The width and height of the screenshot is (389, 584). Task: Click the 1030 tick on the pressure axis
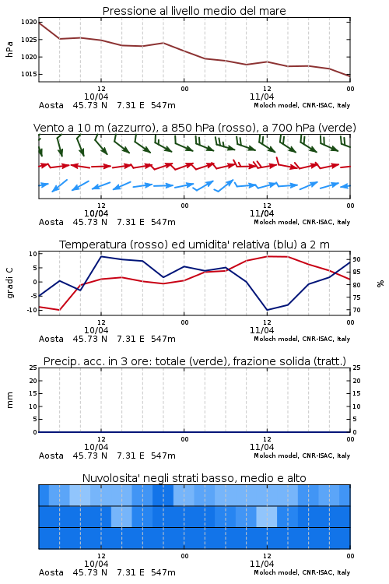click(x=29, y=22)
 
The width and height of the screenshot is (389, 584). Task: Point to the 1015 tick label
click(x=29, y=74)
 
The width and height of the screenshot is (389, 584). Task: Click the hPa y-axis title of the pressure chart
click(x=9, y=49)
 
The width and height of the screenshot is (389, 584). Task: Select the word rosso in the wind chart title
click(x=231, y=128)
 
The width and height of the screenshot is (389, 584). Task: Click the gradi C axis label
click(x=9, y=283)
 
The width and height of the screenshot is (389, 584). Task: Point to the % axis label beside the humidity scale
click(x=380, y=283)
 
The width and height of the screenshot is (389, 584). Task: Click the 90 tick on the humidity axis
click(x=356, y=259)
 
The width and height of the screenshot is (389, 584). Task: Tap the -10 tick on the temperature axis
click(x=33, y=310)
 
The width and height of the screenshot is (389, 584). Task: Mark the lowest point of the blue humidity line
click(x=267, y=310)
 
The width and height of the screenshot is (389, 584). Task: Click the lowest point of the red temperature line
click(x=60, y=310)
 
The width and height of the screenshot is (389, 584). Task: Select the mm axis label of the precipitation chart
click(x=9, y=399)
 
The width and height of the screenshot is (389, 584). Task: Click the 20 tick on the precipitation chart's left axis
click(x=33, y=381)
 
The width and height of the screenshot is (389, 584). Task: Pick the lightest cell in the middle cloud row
click(x=267, y=516)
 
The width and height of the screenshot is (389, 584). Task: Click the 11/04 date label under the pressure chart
click(x=261, y=97)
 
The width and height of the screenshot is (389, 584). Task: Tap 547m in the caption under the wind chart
click(x=163, y=222)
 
